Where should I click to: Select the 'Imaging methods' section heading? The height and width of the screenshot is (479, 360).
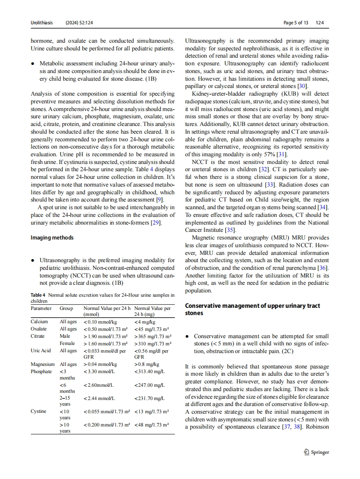(52, 238)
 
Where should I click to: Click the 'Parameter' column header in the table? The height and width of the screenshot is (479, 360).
(41, 308)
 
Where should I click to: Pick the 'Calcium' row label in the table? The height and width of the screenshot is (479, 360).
(39, 322)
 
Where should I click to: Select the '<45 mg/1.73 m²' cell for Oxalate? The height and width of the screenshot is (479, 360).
(151, 329)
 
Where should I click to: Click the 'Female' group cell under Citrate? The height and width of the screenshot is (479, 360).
(67, 343)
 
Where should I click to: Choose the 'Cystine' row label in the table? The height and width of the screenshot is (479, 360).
(39, 412)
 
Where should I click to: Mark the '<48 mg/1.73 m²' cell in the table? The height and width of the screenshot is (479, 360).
(151, 425)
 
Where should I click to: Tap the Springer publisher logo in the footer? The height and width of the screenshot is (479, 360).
(315, 453)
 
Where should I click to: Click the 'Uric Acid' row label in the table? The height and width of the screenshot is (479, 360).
(41, 350)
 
